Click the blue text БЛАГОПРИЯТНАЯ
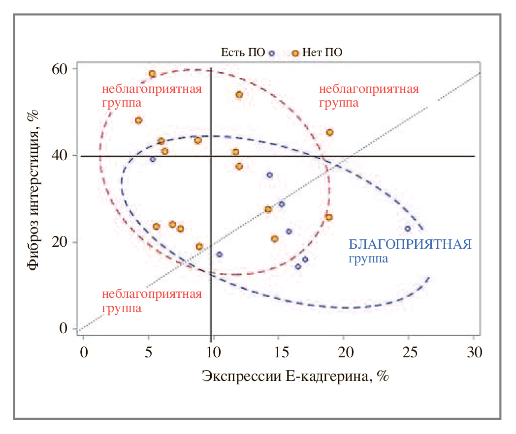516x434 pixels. [x=410, y=244]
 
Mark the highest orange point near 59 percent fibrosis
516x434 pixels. [x=152, y=74]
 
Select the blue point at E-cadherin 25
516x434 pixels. [x=407, y=229]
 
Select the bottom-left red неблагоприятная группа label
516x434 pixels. [x=151, y=301]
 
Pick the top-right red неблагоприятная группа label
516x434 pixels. [x=369, y=96]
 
